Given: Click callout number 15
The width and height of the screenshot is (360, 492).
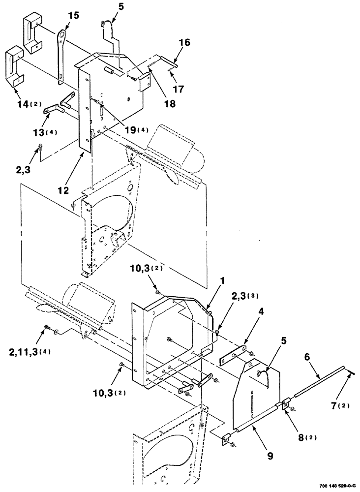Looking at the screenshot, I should point(73,16).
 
